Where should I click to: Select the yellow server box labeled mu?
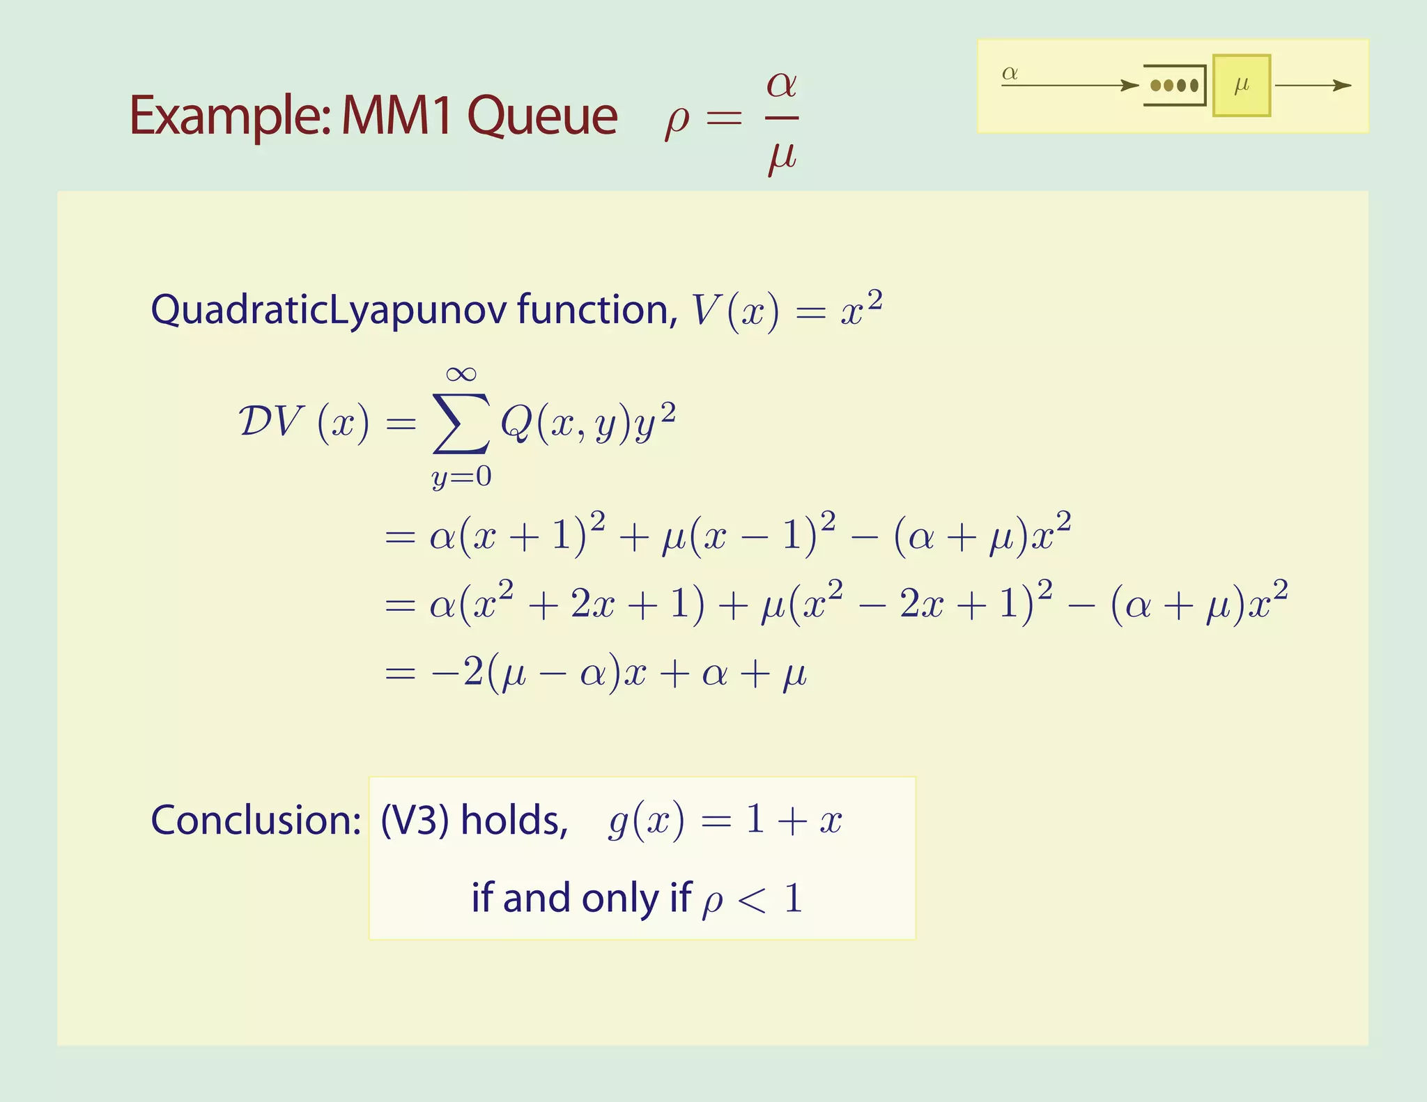tap(1241, 86)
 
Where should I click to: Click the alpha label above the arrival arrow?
tap(1010, 73)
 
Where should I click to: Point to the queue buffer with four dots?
tap(1175, 86)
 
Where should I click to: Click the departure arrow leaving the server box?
tap(1313, 86)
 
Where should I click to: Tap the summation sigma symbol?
tap(461, 424)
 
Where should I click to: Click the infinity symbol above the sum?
tap(461, 374)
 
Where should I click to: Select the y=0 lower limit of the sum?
tap(461, 477)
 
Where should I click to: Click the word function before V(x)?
tap(596, 309)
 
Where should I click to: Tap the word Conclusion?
tap(255, 820)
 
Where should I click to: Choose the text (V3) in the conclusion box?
tap(414, 820)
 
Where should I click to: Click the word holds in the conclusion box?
tap(514, 820)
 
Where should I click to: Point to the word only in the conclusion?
tap(620, 899)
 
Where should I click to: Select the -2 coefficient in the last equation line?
tap(456, 673)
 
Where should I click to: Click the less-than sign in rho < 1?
tap(753, 899)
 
